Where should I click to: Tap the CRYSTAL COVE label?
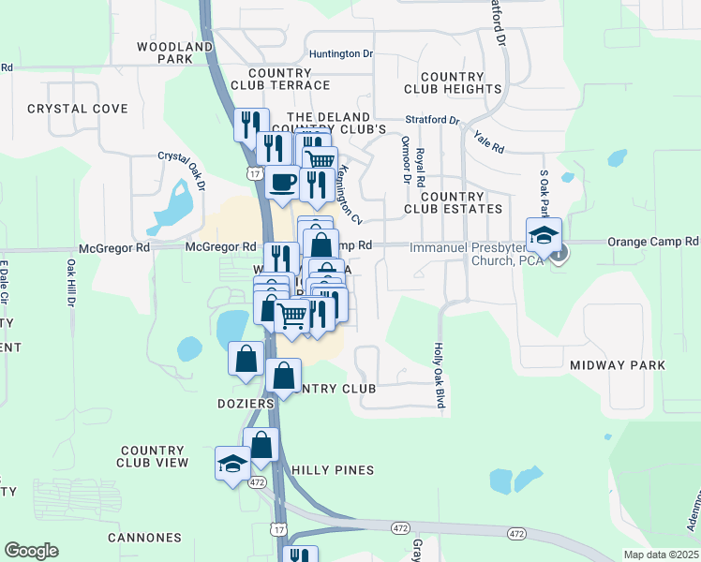[x=77, y=109]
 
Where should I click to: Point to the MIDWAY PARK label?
[x=618, y=364]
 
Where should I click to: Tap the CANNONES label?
[x=144, y=538]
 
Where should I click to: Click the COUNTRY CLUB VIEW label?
[x=153, y=455]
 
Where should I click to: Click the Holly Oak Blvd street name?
[x=438, y=375]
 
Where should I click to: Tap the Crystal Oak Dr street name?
[x=181, y=170]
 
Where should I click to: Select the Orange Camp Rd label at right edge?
[x=652, y=241]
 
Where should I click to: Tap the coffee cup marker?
[x=282, y=183]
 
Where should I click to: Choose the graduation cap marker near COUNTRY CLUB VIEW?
[x=231, y=464]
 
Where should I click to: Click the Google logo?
[x=31, y=551]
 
